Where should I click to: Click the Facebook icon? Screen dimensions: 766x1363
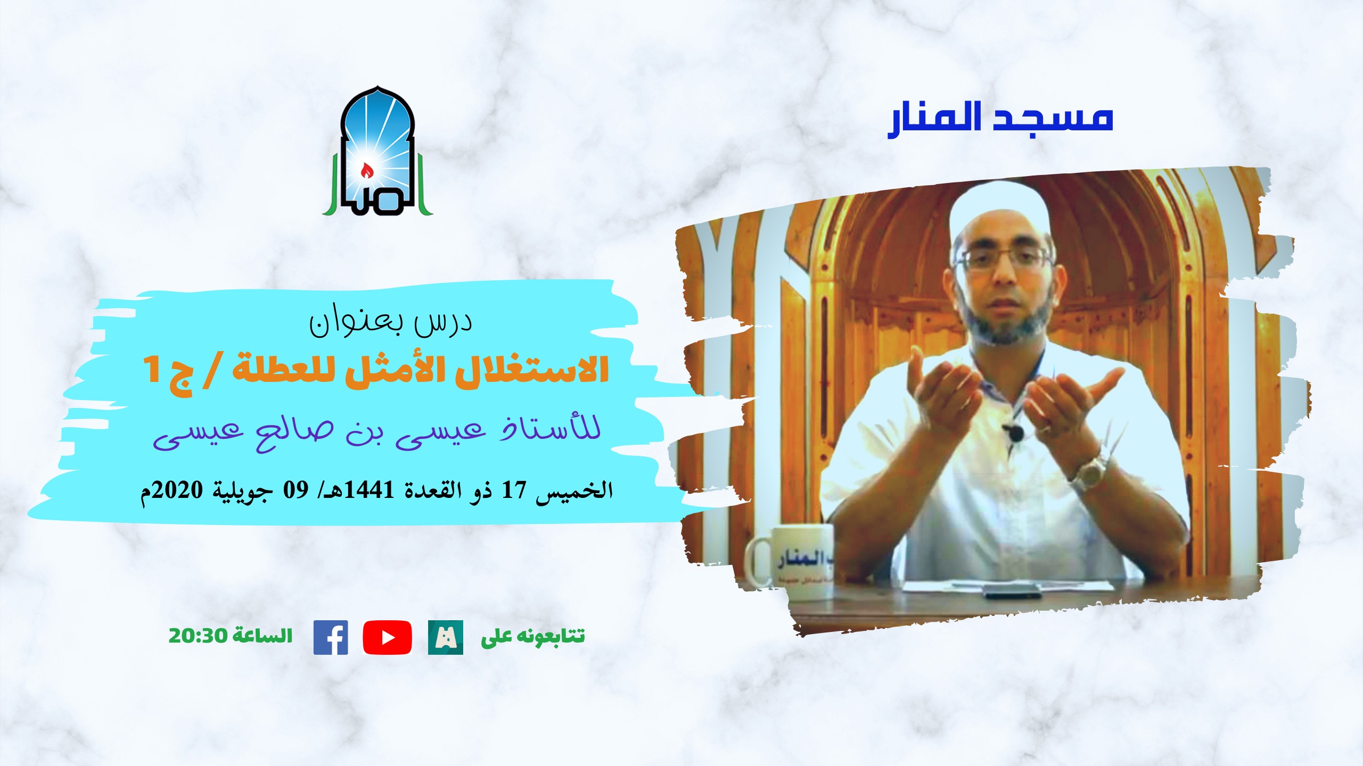(x=331, y=637)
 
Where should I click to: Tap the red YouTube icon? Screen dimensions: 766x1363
(x=387, y=637)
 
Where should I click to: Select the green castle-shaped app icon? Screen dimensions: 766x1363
(x=446, y=637)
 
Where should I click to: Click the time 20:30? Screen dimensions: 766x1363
(x=198, y=636)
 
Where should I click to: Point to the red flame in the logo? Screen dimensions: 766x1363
(x=366, y=171)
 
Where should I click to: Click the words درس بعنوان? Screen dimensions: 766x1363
(x=391, y=322)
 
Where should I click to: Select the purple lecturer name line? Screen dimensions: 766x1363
(x=377, y=432)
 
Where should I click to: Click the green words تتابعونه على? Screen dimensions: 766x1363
(x=533, y=637)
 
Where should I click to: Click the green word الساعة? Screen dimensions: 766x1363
(x=262, y=636)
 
